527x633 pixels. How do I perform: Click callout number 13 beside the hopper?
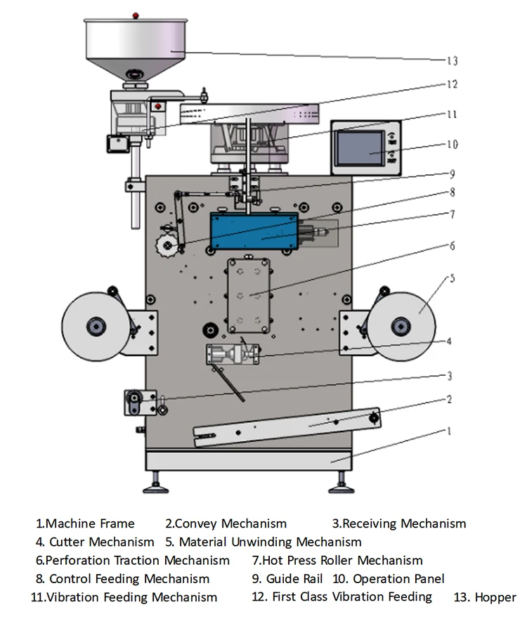click(453, 60)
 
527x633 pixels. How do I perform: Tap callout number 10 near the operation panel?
click(453, 144)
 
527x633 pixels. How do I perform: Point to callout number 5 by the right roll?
click(452, 278)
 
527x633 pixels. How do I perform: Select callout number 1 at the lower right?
click(449, 431)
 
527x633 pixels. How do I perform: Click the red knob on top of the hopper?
click(136, 15)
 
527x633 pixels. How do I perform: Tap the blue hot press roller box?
click(254, 231)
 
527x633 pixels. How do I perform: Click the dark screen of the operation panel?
click(360, 148)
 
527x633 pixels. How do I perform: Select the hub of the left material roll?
click(96, 326)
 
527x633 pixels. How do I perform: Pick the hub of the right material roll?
click(401, 326)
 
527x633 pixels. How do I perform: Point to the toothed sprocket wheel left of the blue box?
click(167, 245)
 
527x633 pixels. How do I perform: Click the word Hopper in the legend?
click(495, 597)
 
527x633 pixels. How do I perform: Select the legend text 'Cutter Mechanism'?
click(101, 542)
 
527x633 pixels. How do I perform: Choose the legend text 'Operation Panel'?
click(398, 578)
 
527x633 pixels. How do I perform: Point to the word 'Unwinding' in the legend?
click(261, 542)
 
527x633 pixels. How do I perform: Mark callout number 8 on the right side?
click(453, 192)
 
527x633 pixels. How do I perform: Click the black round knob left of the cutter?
click(210, 329)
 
